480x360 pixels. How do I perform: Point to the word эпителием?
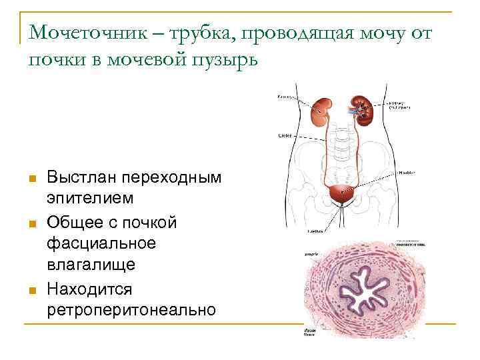tap(90, 198)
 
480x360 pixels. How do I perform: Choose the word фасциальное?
tap(101, 243)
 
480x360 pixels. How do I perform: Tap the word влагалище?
tap(91, 265)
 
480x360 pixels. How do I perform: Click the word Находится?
tap(89, 289)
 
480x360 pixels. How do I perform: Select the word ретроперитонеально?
tap(131, 309)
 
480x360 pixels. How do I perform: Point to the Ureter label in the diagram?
tap(284, 135)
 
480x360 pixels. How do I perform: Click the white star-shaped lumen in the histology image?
tap(365, 291)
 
